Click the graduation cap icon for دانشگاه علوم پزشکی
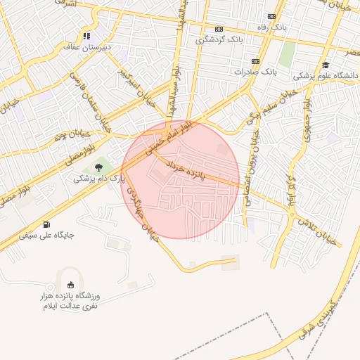325,64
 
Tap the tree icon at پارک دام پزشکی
98,167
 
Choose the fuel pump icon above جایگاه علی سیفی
47,224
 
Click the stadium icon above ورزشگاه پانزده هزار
70,285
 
